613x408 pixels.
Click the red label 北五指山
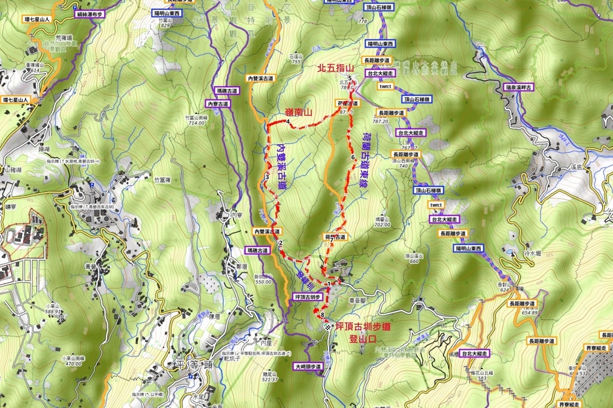338,69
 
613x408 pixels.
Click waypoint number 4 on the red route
289,123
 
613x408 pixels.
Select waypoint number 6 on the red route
353,157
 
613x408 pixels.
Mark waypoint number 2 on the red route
280,242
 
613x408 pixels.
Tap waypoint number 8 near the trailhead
323,315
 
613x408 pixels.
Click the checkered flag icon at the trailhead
328,327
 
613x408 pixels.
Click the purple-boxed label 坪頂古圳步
309,297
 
